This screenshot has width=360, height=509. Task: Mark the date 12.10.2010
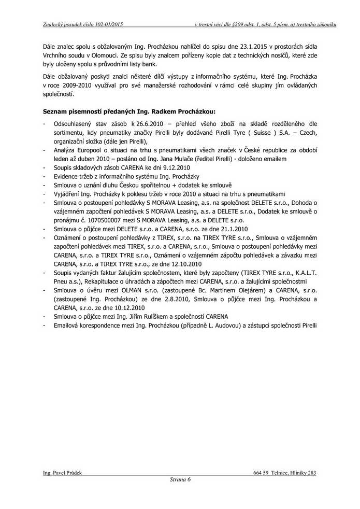tap(172, 263)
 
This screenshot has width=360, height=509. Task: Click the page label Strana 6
tap(180, 479)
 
